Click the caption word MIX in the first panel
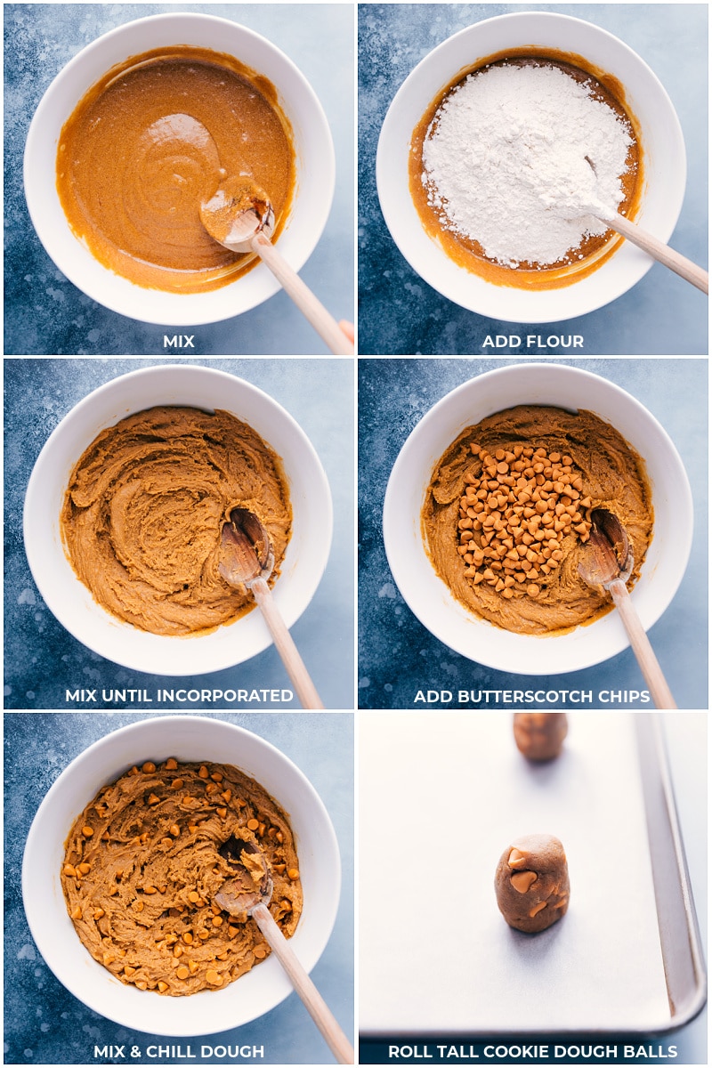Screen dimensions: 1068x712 pos(178,342)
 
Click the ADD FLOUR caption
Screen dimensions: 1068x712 pos(532,342)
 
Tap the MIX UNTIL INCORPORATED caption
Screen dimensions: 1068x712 pos(178,696)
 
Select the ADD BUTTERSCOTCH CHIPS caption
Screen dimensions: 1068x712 pos(531,696)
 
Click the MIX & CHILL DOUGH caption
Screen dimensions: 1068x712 pos(178,1051)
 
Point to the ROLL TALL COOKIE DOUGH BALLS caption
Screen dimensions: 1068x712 pos(532,1051)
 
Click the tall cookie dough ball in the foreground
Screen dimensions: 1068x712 pos(532,883)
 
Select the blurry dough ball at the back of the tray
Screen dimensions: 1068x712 pos(540,736)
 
